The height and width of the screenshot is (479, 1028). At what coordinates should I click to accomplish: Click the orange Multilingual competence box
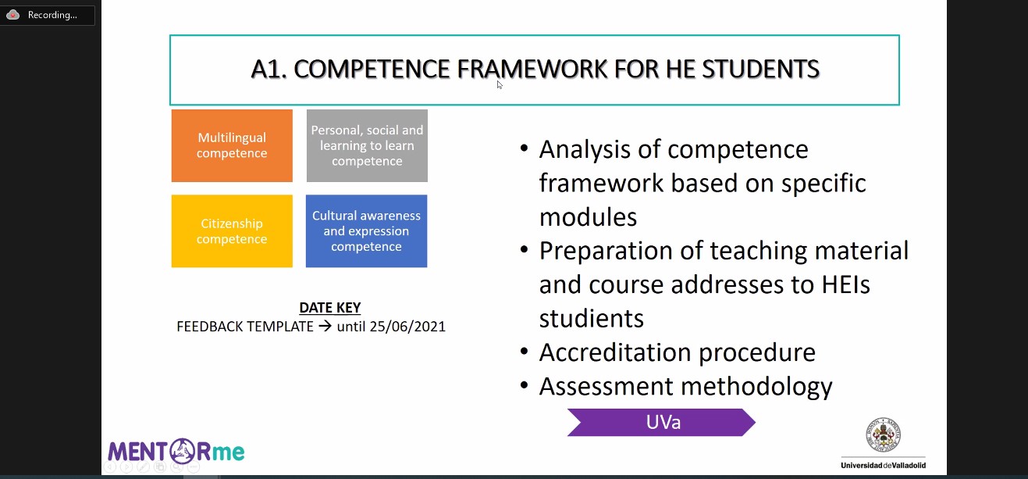(232, 145)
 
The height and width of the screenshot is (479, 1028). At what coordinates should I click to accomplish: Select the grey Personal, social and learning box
(367, 145)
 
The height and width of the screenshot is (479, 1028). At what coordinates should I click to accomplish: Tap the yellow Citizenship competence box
(232, 231)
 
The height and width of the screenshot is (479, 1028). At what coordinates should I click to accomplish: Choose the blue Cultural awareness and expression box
(366, 231)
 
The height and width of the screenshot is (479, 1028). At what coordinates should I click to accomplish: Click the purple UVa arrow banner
(661, 422)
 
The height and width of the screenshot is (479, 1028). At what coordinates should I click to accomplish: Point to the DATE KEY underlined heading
(330, 308)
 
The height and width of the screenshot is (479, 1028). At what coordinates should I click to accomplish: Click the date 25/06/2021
(407, 327)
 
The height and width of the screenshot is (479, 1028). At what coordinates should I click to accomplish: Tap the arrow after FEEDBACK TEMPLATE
(325, 326)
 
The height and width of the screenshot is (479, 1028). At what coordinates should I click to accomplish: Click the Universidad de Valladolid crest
(883, 434)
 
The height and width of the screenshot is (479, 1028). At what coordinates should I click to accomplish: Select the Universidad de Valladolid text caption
(883, 465)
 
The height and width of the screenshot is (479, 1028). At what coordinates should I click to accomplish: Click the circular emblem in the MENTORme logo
(182, 451)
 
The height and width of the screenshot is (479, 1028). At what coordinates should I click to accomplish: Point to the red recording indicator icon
(12, 15)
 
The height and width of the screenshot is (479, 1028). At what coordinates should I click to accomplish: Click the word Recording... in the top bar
(52, 15)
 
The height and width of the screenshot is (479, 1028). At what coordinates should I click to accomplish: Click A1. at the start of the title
(269, 70)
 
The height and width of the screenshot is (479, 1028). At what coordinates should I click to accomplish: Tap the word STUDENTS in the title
(760, 70)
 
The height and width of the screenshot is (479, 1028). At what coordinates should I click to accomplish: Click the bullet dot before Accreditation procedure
(524, 352)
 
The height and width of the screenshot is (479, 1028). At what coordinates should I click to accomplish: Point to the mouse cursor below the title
(500, 84)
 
